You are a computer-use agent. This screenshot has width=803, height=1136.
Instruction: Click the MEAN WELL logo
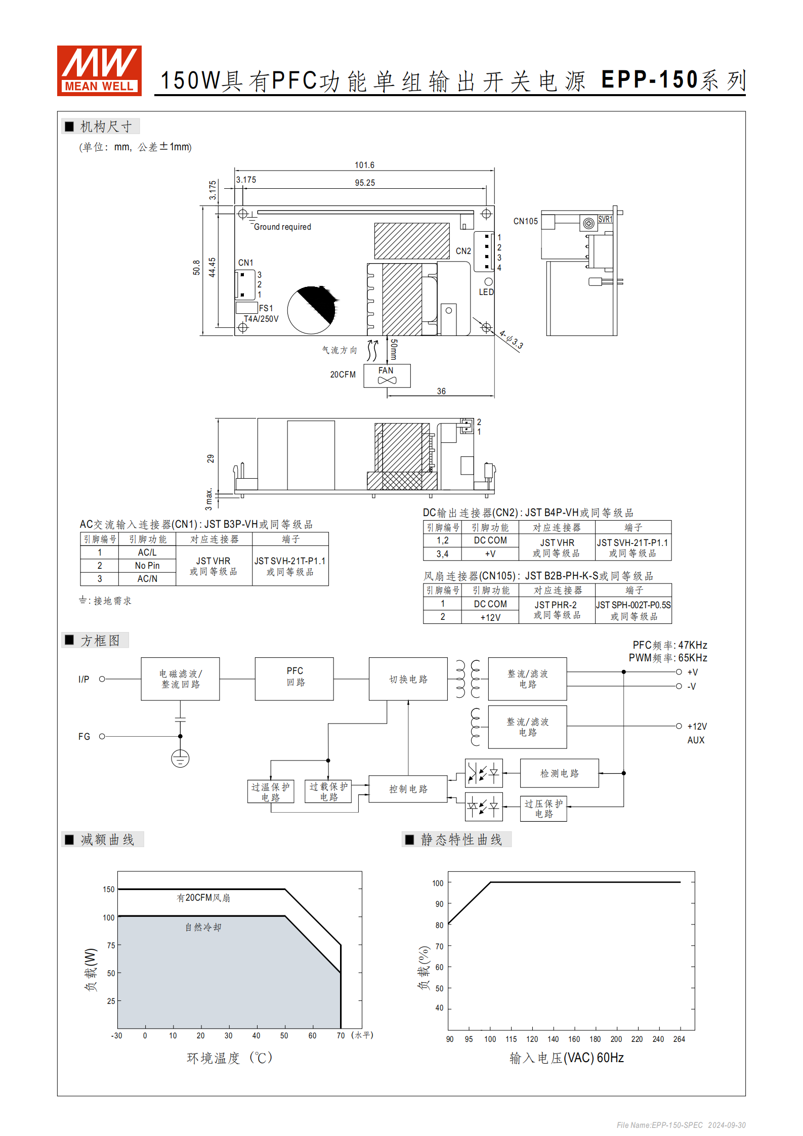point(99,70)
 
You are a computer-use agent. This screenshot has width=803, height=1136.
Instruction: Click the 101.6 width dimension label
point(364,165)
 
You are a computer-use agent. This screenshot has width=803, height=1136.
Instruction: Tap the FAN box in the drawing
point(387,375)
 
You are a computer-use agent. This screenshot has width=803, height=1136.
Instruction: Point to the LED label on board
point(486,292)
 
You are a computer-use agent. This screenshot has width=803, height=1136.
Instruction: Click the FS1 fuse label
point(266,308)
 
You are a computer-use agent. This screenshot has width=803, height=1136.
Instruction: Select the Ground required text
point(282,227)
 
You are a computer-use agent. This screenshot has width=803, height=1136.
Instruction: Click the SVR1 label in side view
point(605,219)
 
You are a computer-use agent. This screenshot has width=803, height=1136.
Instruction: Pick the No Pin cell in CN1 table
point(147,565)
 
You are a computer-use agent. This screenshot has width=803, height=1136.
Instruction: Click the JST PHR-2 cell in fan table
point(556,605)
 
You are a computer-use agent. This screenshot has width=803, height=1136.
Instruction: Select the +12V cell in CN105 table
point(490,617)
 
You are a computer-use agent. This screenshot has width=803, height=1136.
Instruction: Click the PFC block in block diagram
point(294,679)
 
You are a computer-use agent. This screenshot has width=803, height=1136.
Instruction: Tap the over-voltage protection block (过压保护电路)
point(543,808)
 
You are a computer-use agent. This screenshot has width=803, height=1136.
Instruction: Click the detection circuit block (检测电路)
point(559,773)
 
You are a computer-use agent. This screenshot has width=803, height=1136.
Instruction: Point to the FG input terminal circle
point(102,736)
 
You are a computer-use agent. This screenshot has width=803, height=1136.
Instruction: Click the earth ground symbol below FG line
point(180,759)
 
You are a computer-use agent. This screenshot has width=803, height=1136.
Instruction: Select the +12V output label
point(697,726)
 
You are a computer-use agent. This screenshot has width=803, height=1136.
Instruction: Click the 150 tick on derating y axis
point(108,889)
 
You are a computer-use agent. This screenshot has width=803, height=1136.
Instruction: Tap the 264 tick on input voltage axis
point(679,1039)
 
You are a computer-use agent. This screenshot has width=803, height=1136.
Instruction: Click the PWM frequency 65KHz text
point(667,658)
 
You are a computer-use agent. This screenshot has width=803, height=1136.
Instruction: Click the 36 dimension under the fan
point(441,391)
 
